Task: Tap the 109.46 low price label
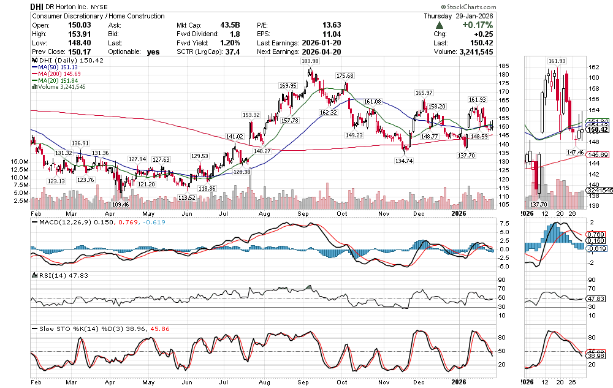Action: tap(121, 204)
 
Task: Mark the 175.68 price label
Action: tap(345, 75)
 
